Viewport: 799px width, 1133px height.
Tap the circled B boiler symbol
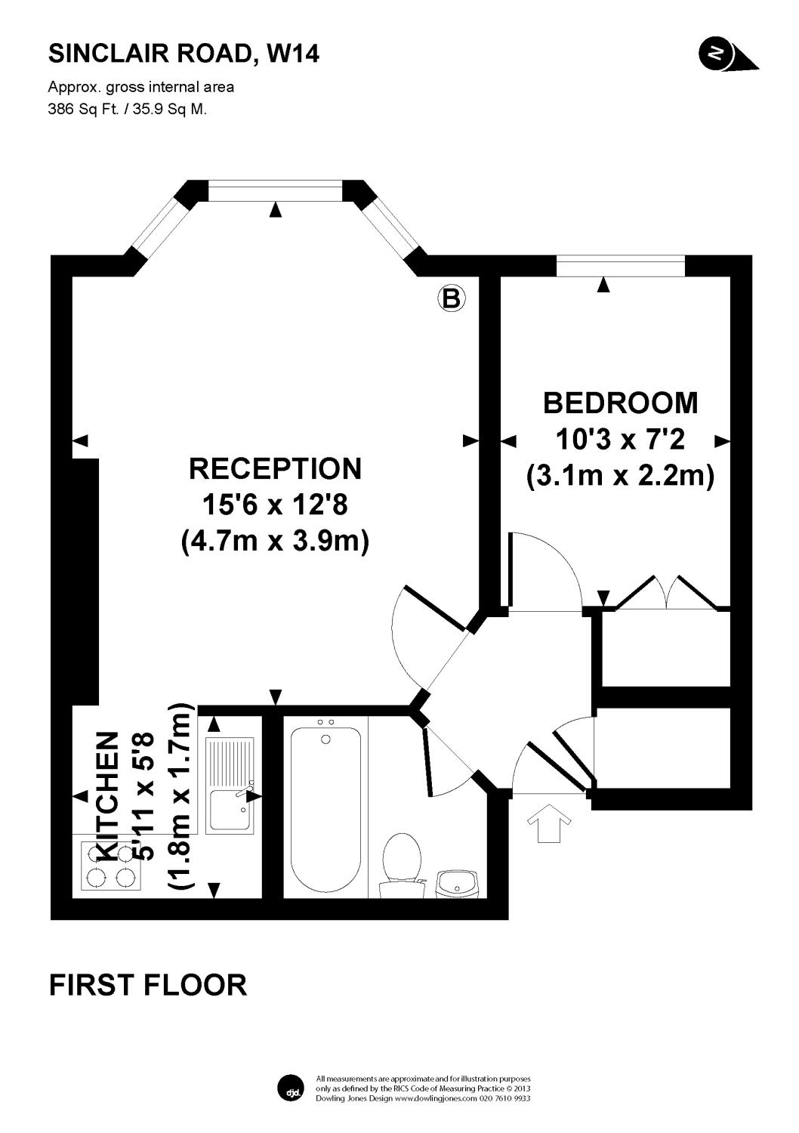click(x=451, y=298)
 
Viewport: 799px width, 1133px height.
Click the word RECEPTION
click(x=275, y=468)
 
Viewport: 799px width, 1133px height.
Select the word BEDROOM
click(x=620, y=403)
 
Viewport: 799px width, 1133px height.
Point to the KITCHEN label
click(x=108, y=796)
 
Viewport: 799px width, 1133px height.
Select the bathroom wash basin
click(x=458, y=882)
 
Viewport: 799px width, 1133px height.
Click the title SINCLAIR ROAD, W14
click(x=184, y=54)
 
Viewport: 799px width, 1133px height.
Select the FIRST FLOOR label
click(x=148, y=985)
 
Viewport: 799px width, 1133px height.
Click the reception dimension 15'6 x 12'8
click(x=275, y=504)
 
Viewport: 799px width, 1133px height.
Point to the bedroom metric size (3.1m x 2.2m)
click(x=620, y=476)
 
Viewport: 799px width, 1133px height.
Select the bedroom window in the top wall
click(x=620, y=266)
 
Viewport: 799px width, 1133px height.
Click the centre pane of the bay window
click(x=275, y=190)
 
